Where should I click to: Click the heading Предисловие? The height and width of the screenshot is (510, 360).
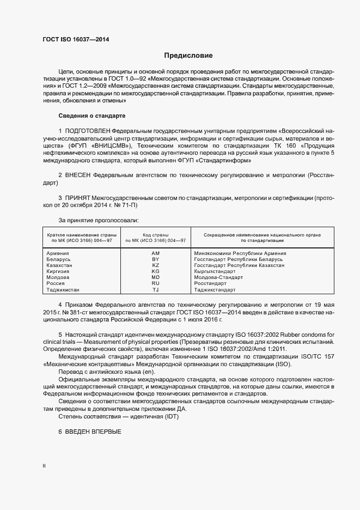coord(188,56)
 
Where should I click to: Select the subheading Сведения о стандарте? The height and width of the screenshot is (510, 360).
coord(91,116)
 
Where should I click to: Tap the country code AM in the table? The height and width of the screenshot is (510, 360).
coord(156,253)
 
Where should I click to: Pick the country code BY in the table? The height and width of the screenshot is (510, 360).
coord(156,259)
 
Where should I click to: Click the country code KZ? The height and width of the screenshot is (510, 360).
coord(156,265)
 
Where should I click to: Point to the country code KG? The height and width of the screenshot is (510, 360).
coord(156,271)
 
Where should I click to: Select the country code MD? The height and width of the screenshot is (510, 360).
coord(156,277)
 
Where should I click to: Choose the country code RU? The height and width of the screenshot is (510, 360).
coord(156,283)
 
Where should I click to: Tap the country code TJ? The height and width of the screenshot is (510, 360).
coord(156,290)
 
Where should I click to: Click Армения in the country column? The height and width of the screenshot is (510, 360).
coord(57,253)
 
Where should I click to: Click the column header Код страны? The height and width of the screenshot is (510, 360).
coord(156,234)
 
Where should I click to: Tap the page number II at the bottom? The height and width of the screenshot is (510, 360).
coord(44,466)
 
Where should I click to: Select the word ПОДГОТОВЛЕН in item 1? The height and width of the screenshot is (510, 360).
coord(87,132)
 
